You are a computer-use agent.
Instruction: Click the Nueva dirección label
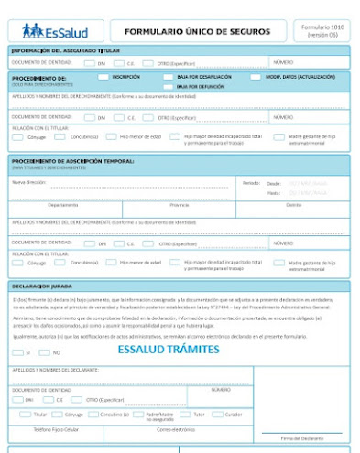click(x=28, y=182)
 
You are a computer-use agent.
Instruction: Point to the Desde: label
click(x=274, y=183)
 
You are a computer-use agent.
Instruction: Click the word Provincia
click(x=180, y=205)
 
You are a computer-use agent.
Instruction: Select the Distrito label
click(x=293, y=205)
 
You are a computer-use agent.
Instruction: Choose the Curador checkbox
click(x=219, y=414)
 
